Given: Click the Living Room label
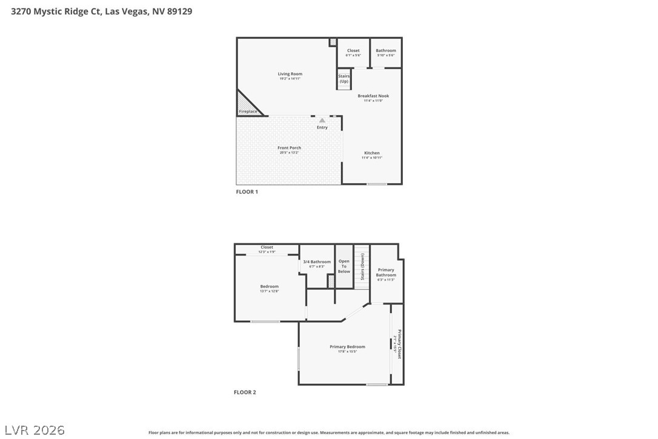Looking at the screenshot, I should click(x=290, y=74).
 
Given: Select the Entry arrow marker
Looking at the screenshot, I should click(x=322, y=121).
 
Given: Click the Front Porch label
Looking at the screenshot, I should click(x=289, y=148).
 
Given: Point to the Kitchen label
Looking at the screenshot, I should click(x=372, y=153).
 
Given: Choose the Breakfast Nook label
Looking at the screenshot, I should click(x=373, y=96).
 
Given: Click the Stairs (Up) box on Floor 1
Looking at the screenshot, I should click(x=344, y=79).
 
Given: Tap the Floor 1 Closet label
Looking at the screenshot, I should click(x=353, y=50).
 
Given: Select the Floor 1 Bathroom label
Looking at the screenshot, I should click(x=386, y=50).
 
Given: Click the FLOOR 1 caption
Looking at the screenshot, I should click(x=247, y=192).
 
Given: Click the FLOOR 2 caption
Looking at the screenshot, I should click(x=245, y=392).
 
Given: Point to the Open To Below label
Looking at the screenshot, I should click(x=344, y=266).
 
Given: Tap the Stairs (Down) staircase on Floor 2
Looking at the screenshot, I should click(x=362, y=267).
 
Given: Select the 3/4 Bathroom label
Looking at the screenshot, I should click(x=317, y=262).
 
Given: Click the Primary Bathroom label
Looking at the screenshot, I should click(x=386, y=272).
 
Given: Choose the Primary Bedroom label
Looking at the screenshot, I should click(x=347, y=347).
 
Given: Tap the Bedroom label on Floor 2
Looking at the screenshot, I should click(x=270, y=286).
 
